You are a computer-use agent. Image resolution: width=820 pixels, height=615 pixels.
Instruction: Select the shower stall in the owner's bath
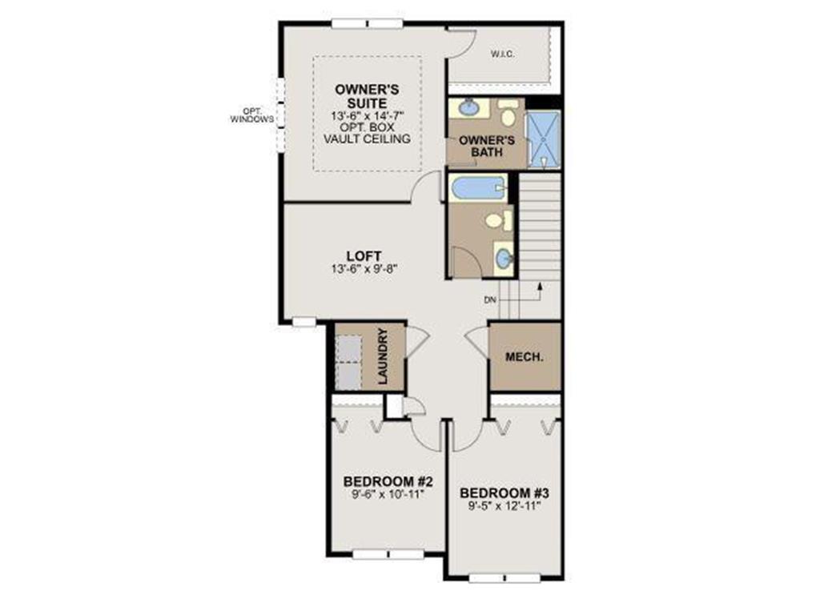coord(542,139)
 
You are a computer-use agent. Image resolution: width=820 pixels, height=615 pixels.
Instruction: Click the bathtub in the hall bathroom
coord(478,189)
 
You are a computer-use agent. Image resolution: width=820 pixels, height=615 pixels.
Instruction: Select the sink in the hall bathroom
coord(504,258)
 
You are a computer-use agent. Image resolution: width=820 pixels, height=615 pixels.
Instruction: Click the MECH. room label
coord(524,357)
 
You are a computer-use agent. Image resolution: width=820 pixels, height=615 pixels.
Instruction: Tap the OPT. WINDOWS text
coord(252,115)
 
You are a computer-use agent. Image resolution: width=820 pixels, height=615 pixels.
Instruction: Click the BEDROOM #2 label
coord(388,482)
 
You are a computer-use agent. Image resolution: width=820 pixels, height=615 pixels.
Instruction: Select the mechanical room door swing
coord(478,340)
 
